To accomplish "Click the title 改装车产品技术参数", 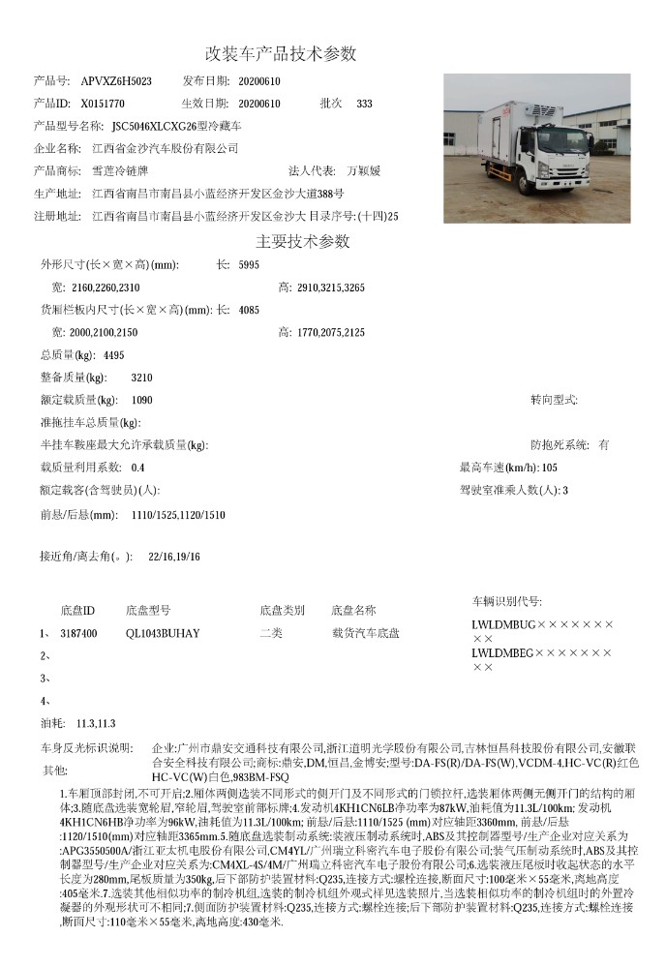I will [281, 52].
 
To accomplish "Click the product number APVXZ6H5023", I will [116, 80].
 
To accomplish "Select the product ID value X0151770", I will [103, 103].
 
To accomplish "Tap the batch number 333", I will [364, 103].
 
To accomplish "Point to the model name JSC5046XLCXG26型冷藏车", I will [177, 126].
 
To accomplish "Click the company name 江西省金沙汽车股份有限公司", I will [165, 148].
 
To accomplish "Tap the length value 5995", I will [249, 264].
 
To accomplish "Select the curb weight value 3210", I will [141, 378].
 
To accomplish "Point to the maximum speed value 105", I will [550, 468].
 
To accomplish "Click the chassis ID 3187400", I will [78, 633].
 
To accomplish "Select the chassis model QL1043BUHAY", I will [163, 633].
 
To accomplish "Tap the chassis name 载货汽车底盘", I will [365, 633].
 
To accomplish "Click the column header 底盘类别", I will [282, 611].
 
